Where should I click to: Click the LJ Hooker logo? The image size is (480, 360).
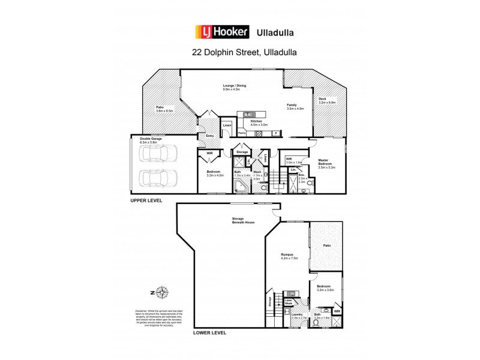[x=222, y=31]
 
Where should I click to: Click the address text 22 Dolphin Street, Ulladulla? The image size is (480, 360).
[x=244, y=52]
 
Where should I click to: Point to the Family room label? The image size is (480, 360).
[x=295, y=107]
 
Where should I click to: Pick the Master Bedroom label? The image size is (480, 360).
[x=326, y=164]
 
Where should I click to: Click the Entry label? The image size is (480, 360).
[x=210, y=136]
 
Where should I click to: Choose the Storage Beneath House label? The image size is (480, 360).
[x=244, y=220]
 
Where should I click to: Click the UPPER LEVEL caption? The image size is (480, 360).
[x=146, y=200]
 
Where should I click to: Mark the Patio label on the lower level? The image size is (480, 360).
[x=327, y=245]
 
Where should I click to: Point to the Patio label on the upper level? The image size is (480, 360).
[x=164, y=109]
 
